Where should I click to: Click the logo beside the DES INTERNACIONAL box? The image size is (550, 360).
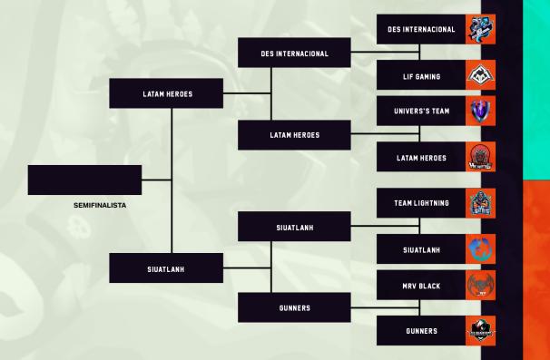480,30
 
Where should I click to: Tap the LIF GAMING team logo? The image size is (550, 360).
480,77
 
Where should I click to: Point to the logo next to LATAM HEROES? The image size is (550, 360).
480,158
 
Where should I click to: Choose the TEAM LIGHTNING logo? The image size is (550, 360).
480,203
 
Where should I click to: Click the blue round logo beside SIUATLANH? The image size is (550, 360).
480,249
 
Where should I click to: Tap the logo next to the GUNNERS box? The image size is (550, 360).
480,331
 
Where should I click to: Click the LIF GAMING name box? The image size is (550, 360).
420,77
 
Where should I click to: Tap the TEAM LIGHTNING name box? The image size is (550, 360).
420,203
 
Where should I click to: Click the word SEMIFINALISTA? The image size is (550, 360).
100,206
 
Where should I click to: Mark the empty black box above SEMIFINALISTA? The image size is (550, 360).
84,180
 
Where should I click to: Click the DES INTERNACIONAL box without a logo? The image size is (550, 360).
294,54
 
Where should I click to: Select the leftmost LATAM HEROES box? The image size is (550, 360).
167,94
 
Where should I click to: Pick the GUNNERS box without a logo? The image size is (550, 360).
294,308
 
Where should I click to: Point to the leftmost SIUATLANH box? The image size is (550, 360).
167,268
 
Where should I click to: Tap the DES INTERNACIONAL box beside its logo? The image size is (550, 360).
420,30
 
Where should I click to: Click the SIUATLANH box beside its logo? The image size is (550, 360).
420,249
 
